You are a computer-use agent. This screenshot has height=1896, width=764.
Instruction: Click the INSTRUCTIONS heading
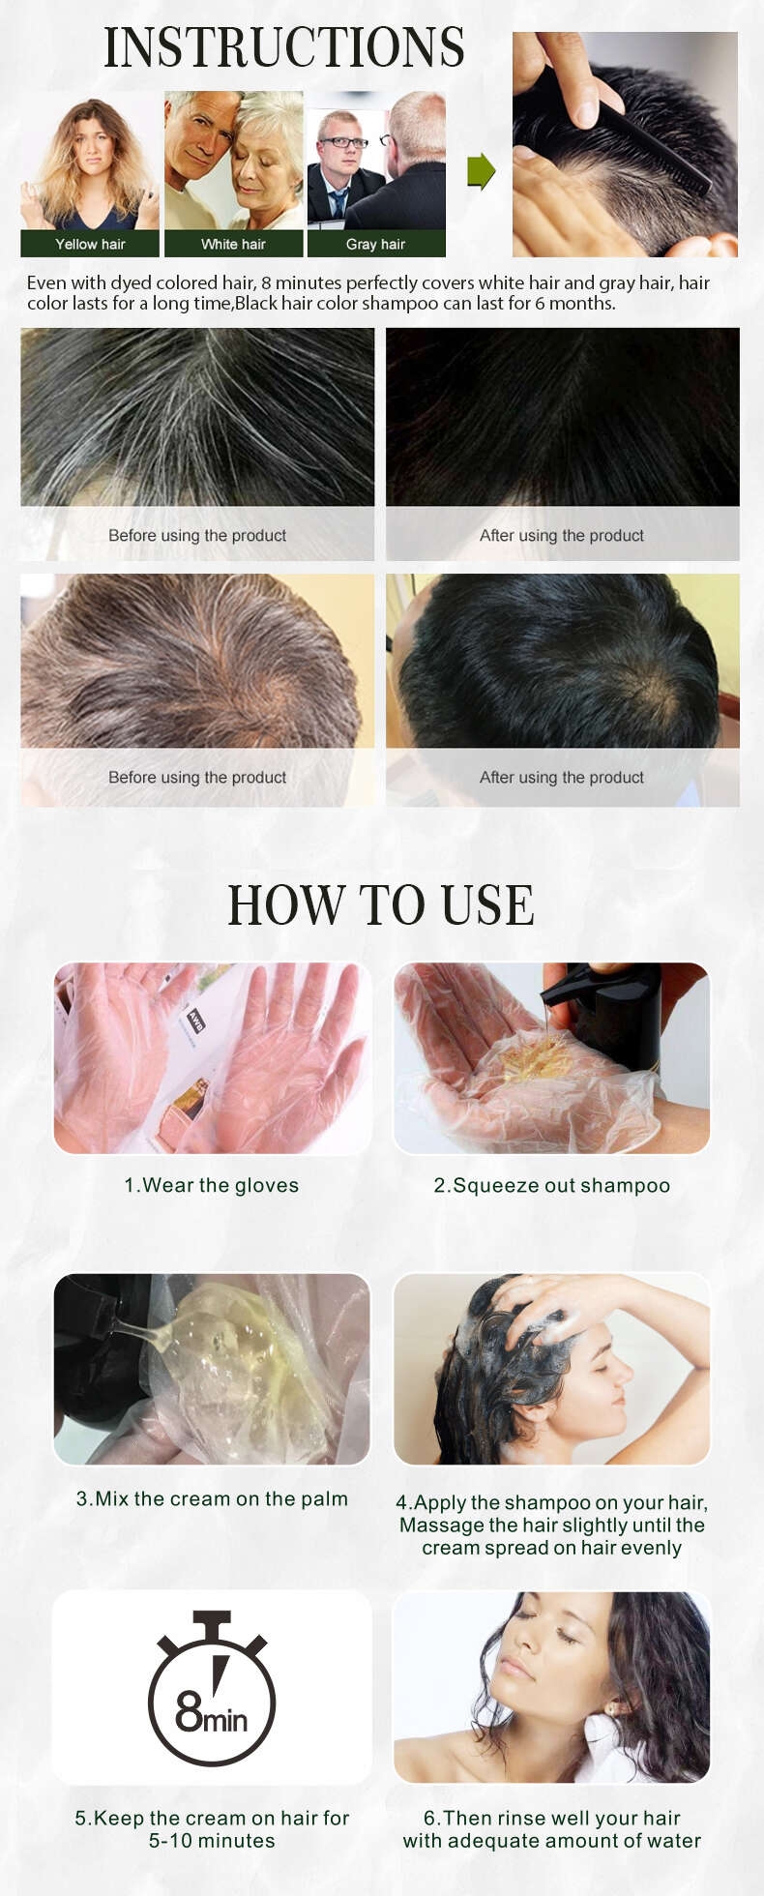pos(284,47)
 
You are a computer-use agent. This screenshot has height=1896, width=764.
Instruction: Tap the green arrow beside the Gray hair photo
pos(481,171)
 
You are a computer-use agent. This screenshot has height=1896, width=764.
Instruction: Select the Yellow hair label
pos(90,244)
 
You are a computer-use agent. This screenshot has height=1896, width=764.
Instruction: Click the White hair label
pos(233,244)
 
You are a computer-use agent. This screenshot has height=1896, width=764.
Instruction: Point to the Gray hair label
pos(375,244)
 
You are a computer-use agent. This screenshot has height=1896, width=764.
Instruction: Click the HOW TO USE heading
pos(381,905)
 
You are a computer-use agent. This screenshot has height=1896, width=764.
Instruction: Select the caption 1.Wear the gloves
pos(211,1185)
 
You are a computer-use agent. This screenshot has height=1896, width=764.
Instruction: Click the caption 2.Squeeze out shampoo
pos(551,1185)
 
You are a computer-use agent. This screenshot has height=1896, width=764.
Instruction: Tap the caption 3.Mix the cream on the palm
pos(212,1498)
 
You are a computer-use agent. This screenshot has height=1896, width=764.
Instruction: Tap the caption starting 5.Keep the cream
pos(212,1829)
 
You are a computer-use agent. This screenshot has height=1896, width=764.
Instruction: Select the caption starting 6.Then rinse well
pos(551,1829)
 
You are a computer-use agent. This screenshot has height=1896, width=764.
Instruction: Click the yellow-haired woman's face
pos(91,148)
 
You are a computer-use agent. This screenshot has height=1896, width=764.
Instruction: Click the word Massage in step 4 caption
pos(441,1526)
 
